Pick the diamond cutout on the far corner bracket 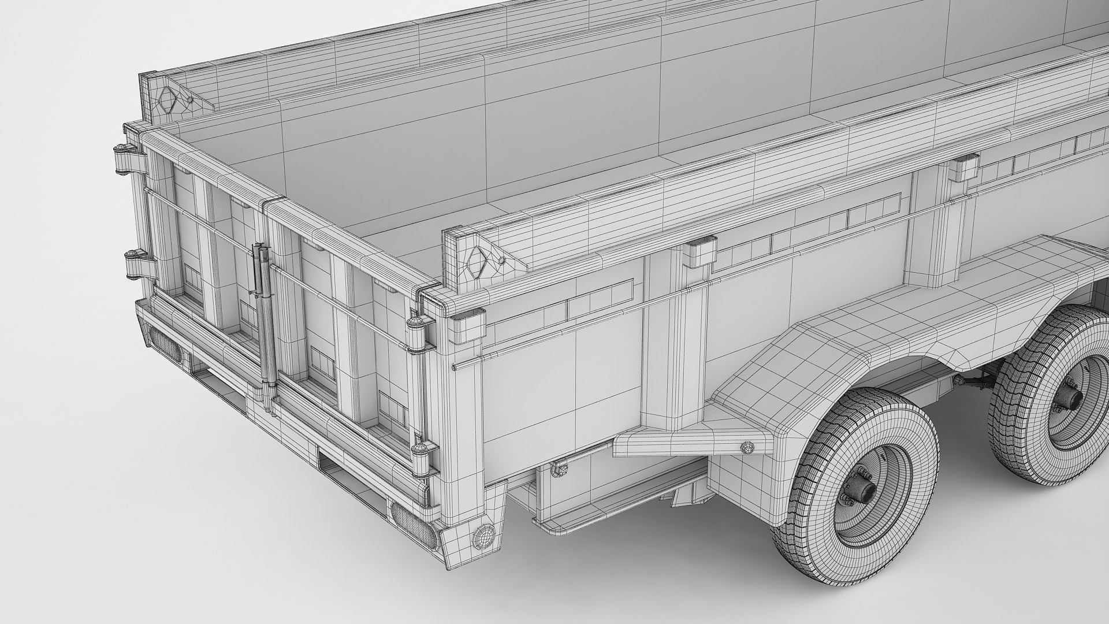click(x=168, y=101)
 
